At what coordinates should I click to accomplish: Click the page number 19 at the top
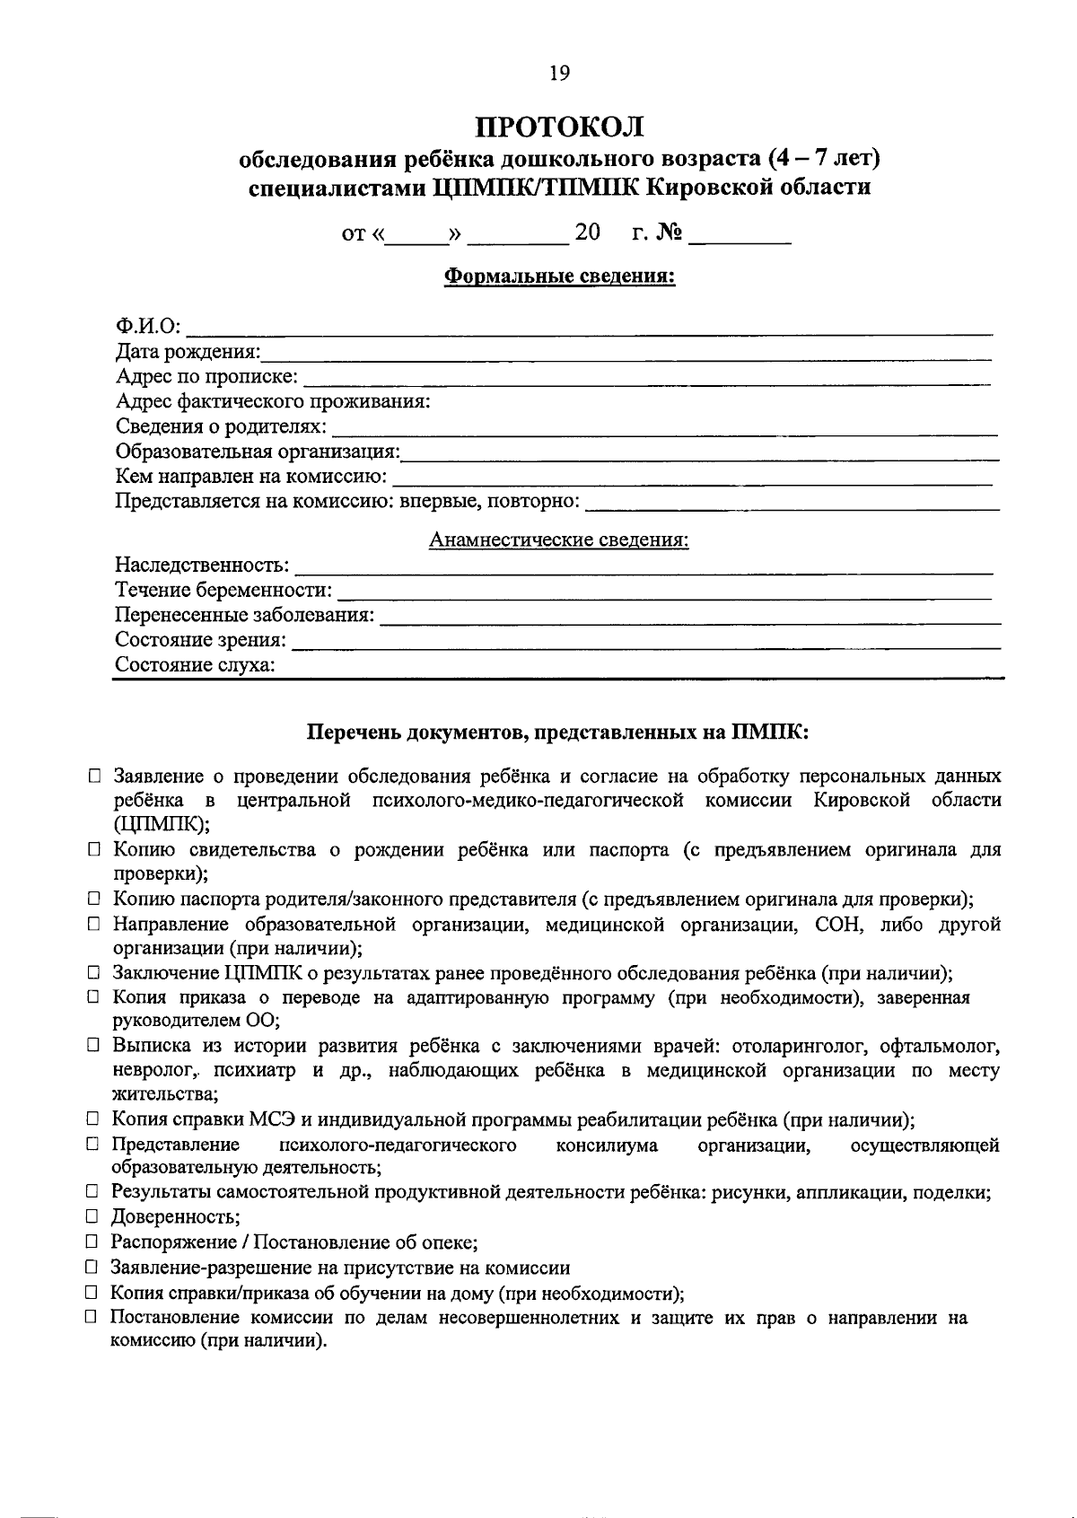pos(558,74)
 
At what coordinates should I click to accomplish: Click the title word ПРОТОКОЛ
pos(560,127)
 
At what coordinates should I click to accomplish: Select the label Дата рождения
pos(188,351)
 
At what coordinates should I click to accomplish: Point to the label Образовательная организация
pos(258,452)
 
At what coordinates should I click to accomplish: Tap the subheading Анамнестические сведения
pos(559,540)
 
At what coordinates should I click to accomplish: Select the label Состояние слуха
pos(195,665)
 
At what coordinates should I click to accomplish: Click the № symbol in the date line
pos(670,233)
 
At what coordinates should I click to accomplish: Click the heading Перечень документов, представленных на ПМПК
pos(558,733)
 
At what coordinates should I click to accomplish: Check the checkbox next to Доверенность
pos(92,1217)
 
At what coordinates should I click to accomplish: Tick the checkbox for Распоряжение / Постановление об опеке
pos(92,1242)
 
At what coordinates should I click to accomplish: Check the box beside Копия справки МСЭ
pos(92,1119)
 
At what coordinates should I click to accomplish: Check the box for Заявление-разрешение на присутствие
pos(92,1268)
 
